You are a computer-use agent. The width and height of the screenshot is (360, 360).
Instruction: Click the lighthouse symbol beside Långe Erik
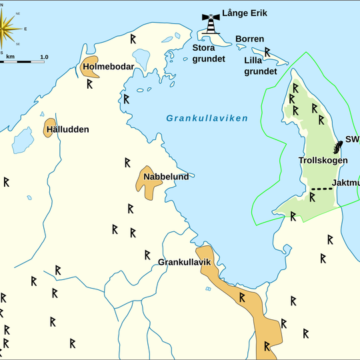tap(211, 25)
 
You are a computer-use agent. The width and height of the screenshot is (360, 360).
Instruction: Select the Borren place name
tap(249, 39)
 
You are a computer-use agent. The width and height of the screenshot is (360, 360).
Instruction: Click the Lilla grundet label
tap(259, 65)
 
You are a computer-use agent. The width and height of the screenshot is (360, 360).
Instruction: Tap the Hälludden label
tap(67, 129)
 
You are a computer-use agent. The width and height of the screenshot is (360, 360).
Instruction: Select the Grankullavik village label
tap(184, 262)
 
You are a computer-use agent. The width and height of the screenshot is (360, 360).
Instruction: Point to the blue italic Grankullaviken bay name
tap(207, 119)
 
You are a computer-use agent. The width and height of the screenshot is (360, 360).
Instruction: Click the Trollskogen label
tap(323, 161)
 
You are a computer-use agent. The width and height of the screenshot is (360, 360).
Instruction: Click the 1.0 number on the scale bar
tap(43, 57)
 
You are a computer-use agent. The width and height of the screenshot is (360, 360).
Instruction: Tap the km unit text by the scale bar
tap(11, 57)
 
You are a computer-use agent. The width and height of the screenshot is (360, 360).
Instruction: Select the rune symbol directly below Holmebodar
tap(89, 85)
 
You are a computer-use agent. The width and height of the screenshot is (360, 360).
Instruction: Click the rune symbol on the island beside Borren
tap(267, 51)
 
